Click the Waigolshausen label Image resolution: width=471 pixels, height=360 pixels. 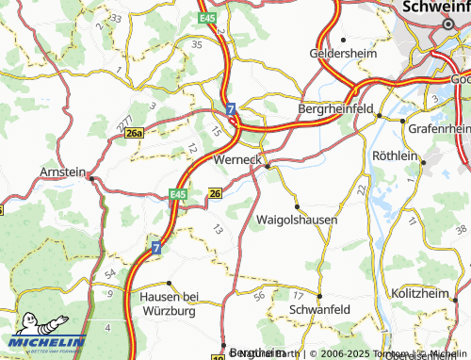[297, 220]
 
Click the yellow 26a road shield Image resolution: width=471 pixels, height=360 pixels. [136, 135]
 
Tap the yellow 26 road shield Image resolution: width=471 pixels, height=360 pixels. [215, 193]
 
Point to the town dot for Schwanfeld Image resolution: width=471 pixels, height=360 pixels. [317, 296]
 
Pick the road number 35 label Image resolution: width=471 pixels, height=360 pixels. [196, 44]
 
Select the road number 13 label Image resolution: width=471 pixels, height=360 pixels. [218, 229]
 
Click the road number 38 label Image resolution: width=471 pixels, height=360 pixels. [461, 229]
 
